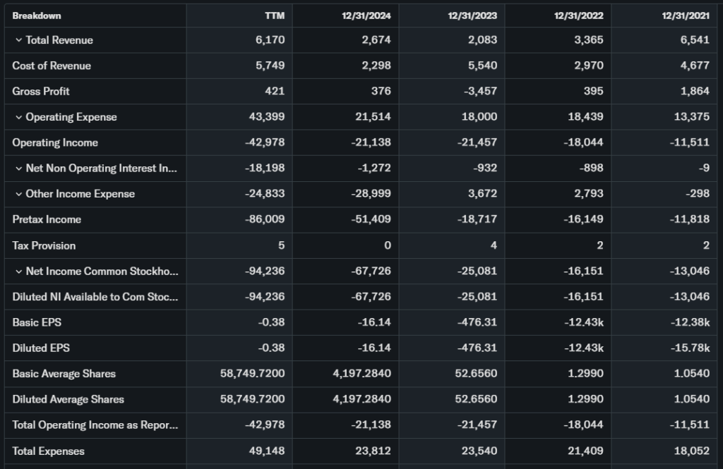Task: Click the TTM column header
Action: (x=275, y=16)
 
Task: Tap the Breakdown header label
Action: (x=37, y=16)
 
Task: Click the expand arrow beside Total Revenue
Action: (x=18, y=40)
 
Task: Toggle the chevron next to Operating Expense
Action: (x=18, y=117)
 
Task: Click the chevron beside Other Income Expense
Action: (x=18, y=194)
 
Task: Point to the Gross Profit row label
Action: (x=41, y=91)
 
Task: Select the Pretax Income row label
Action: (x=47, y=219)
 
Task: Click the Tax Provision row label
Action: (x=44, y=245)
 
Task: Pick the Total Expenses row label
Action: (x=48, y=451)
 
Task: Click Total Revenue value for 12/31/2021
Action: (x=695, y=40)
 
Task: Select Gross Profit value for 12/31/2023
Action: (x=479, y=91)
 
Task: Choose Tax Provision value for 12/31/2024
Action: (x=387, y=245)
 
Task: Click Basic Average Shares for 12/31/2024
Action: (x=361, y=374)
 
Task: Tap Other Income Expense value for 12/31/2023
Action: (x=483, y=194)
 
